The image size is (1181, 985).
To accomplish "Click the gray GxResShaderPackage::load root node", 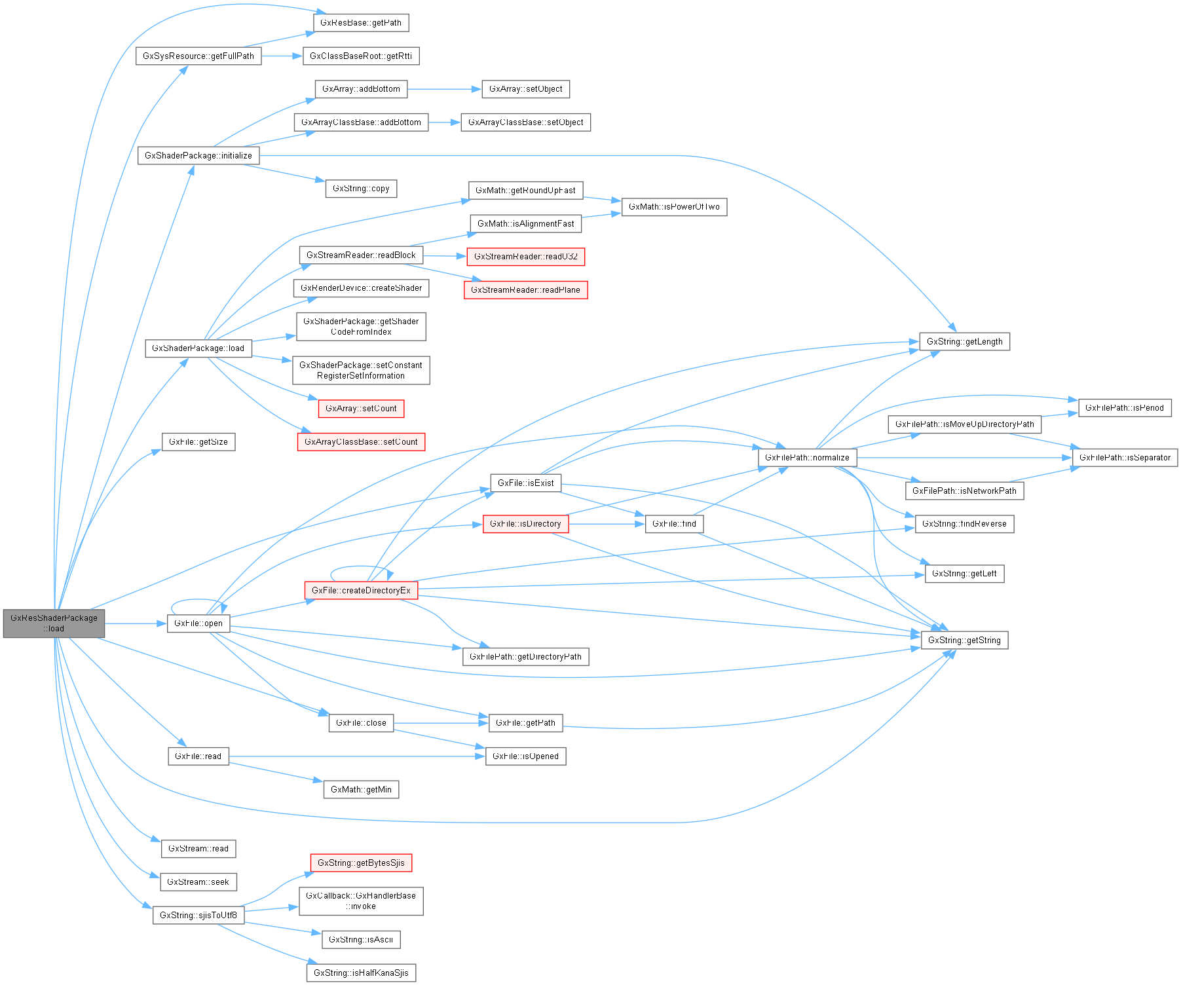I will coord(54,623).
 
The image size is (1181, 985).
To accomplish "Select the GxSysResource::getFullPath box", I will coord(198,56).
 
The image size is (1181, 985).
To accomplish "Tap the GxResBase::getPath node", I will coord(361,23).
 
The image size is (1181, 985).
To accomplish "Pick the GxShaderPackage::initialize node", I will coord(198,156).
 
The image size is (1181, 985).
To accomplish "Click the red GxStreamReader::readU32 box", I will coord(525,257).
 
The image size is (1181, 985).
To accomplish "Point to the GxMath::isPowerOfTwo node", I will coord(674,207).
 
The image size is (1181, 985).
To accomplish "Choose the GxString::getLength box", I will coord(964,342).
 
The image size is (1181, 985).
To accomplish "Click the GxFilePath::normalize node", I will coord(807,458).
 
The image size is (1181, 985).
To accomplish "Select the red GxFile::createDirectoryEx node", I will coord(361,590).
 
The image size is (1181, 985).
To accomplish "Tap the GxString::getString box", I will coord(964,640).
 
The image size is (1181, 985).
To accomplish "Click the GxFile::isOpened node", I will coord(525,756).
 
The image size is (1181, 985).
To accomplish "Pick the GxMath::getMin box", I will coord(361,790).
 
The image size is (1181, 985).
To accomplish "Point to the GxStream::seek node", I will coord(198,882).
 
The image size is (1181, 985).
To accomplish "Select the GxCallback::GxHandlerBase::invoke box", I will coord(361,901).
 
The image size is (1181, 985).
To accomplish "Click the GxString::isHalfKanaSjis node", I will coord(361,973).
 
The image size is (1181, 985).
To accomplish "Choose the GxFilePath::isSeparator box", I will coord(1125,458).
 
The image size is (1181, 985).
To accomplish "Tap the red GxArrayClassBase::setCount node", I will coord(361,442).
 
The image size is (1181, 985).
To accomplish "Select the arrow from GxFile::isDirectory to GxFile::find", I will coord(607,524).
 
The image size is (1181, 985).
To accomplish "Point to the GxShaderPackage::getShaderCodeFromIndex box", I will coord(361,327).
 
